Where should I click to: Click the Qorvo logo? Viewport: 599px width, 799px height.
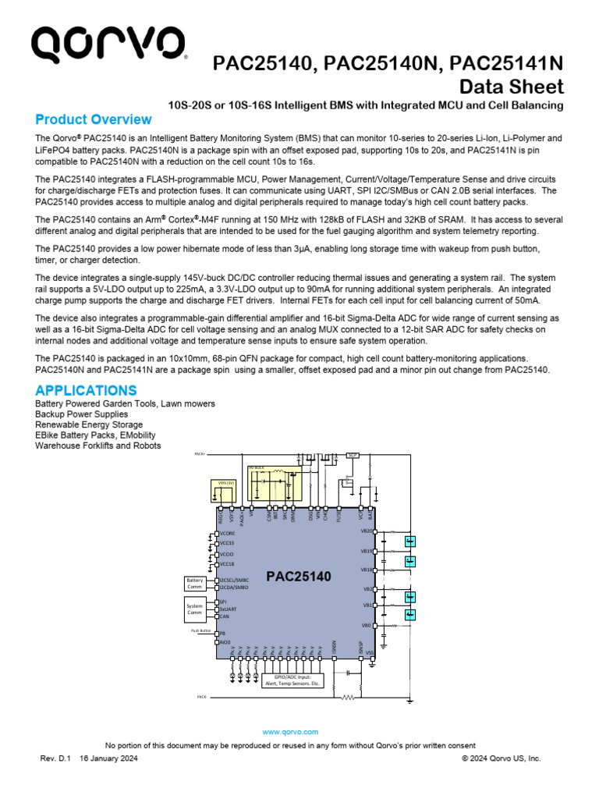click(108, 47)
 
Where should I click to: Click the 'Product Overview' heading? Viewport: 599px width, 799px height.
click(94, 120)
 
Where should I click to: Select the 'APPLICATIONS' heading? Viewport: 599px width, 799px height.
click(86, 390)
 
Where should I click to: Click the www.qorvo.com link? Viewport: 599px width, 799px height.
click(290, 732)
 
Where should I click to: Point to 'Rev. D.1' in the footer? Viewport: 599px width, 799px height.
click(55, 758)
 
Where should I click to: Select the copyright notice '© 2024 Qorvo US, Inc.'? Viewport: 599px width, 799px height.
click(501, 758)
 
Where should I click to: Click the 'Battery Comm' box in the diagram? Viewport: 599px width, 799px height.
click(194, 584)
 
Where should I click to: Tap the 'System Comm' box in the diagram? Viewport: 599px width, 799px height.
click(194, 609)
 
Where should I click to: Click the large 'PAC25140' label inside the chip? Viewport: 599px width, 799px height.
click(299, 577)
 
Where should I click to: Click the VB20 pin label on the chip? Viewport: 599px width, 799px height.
click(367, 531)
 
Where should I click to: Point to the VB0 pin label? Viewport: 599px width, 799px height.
click(367, 625)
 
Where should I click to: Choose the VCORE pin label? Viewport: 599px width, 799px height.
click(227, 534)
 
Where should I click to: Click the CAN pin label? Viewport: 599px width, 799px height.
click(225, 616)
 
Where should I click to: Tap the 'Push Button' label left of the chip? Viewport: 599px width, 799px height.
click(201, 630)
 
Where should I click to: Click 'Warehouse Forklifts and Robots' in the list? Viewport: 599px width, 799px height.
click(98, 446)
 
